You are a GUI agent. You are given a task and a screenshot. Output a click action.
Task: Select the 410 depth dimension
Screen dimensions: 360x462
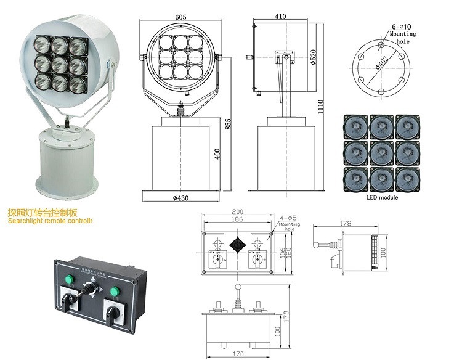pos(282,17)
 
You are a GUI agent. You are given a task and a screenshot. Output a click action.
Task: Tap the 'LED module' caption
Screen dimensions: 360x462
pos(382,198)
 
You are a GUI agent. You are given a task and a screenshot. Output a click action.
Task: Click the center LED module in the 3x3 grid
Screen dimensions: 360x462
pos(382,152)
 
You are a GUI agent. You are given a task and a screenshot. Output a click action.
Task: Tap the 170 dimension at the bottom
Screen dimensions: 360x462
pos(238,354)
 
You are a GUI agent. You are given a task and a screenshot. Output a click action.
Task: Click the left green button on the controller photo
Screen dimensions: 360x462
pos(68,283)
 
